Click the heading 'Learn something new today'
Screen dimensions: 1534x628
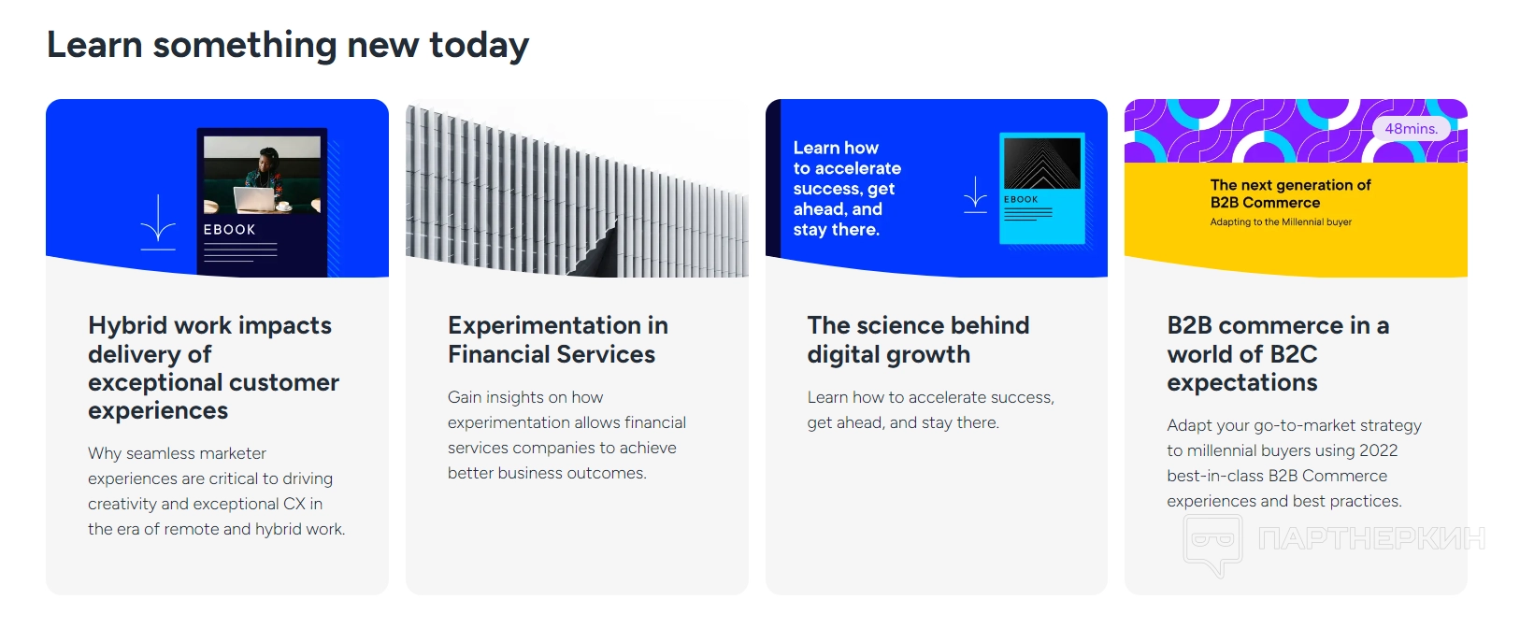point(288,46)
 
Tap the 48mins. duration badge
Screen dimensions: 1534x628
point(1411,129)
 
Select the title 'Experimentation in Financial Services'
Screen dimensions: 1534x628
point(557,339)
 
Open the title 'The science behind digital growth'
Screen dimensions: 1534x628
point(918,339)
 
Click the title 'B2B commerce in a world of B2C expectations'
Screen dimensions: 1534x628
point(1278,353)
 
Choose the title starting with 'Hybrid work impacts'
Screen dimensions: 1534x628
point(213,368)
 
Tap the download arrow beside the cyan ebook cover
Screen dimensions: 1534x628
point(975,194)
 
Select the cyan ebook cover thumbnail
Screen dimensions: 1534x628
point(1041,189)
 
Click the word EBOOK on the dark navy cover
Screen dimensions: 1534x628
point(229,230)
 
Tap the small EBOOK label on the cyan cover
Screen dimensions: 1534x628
point(1021,199)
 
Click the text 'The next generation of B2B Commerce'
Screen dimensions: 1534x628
point(1290,193)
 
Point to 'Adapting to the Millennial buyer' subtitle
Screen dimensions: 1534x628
point(1281,221)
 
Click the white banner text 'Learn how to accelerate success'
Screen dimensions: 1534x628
point(847,189)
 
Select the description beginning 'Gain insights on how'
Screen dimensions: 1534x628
point(567,435)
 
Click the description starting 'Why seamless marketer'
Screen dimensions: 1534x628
point(216,491)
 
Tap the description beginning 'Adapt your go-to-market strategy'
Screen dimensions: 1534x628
point(1295,463)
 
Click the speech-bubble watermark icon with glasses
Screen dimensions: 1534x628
point(1212,545)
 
